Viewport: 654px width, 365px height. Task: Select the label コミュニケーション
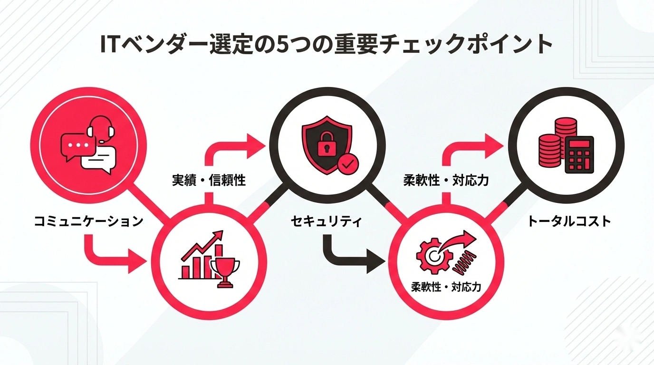89,221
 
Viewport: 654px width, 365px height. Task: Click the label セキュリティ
327,221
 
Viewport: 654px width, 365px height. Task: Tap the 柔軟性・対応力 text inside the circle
446,287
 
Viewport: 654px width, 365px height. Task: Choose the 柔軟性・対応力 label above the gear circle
445,181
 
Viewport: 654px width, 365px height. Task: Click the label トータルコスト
569,221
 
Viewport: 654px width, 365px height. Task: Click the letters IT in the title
110,46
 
